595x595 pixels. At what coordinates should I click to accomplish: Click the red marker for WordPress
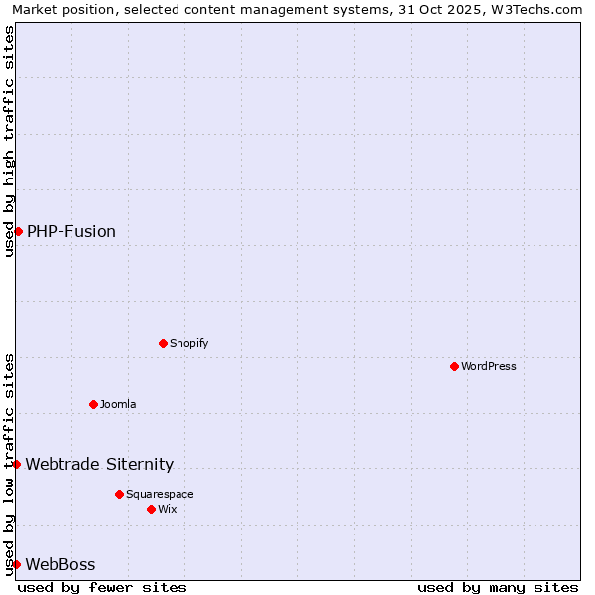(x=454, y=366)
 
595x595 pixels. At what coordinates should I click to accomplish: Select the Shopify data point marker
(x=163, y=343)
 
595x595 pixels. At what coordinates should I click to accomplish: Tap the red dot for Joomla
(x=93, y=404)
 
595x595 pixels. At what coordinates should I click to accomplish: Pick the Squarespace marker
(x=119, y=494)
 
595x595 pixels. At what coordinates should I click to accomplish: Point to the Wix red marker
(x=151, y=509)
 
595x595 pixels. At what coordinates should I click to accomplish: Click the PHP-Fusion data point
(x=18, y=231)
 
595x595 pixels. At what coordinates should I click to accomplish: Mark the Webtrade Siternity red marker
(x=16, y=464)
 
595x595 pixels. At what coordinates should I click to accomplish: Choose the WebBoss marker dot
(x=16, y=564)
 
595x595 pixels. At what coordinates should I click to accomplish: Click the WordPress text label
(x=488, y=366)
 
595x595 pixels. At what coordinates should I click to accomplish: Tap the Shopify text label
(x=188, y=343)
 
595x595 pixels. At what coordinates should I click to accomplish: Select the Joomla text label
(x=117, y=404)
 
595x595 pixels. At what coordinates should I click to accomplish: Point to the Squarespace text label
(x=160, y=494)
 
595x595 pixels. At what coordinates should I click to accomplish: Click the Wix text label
(x=167, y=509)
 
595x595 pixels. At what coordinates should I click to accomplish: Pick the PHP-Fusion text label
(x=71, y=231)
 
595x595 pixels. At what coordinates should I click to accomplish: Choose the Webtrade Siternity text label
(x=99, y=464)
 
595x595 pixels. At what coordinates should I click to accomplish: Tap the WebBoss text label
(x=60, y=564)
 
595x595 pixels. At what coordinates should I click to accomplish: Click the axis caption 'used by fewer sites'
(x=102, y=587)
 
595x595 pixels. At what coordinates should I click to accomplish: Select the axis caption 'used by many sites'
(x=498, y=587)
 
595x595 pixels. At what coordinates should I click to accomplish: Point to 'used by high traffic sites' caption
(x=9, y=141)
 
